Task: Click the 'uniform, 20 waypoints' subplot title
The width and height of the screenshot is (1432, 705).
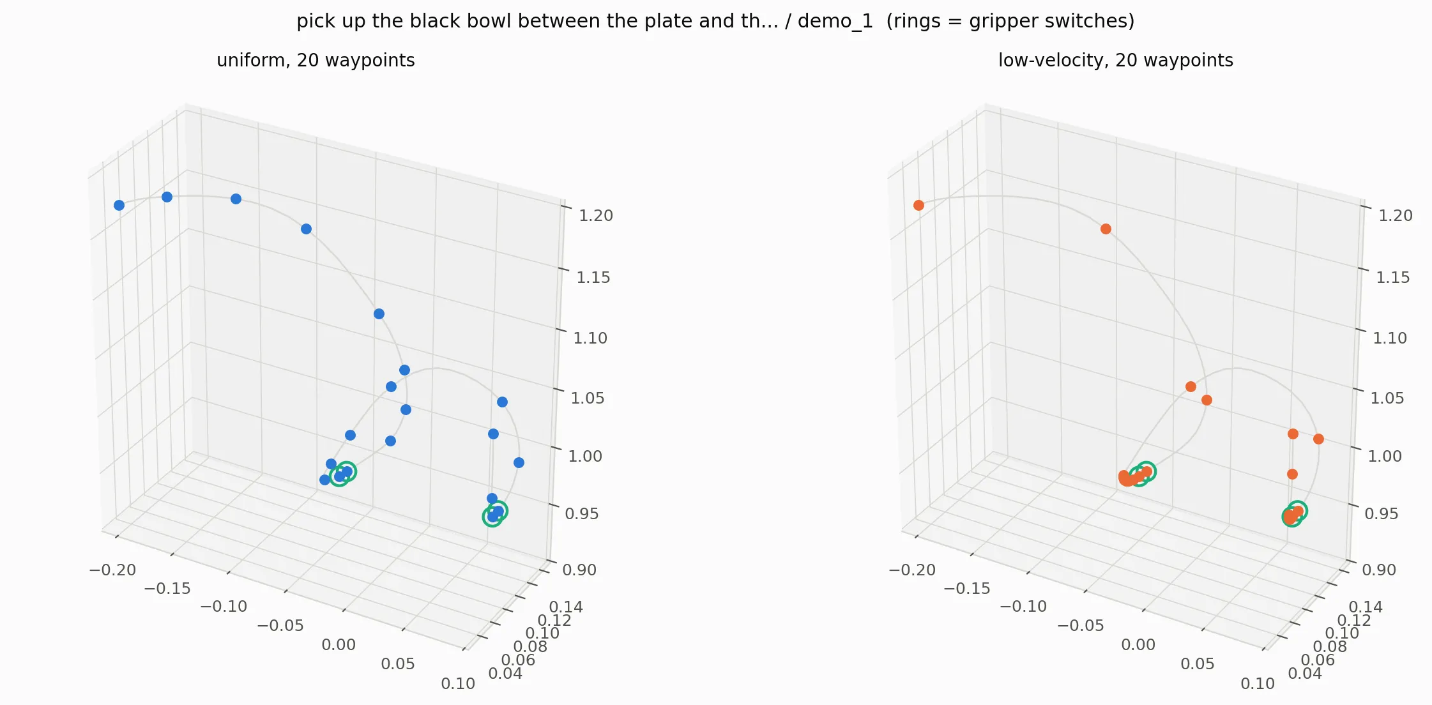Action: [x=316, y=61]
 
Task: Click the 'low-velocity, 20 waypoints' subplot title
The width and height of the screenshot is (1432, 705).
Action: [x=1115, y=61]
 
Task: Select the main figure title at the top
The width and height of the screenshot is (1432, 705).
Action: [x=715, y=21]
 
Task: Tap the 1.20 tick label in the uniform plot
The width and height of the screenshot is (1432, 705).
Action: [x=595, y=216]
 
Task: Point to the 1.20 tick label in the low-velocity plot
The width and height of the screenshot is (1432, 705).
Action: [x=1395, y=216]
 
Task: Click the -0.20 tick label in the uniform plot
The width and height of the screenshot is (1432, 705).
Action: [x=112, y=570]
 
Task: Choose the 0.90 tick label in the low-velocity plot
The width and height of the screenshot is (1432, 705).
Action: [x=1378, y=570]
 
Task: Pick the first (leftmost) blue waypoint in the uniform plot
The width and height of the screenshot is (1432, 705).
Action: [x=119, y=205]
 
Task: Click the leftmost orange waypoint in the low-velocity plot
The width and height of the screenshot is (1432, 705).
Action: [x=918, y=205]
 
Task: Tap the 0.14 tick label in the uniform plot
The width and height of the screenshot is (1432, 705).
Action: [x=566, y=607]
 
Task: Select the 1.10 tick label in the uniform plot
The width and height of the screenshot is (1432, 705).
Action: [x=590, y=338]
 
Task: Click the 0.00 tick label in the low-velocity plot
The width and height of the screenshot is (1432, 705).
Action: [x=1138, y=645]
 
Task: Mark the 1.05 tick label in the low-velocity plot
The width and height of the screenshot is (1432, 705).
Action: [x=1387, y=398]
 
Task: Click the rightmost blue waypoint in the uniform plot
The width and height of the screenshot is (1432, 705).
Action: [x=519, y=462]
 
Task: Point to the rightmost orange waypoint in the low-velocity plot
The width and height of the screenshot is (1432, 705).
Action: [x=1318, y=439]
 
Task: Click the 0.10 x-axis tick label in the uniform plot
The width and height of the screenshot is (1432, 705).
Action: [x=458, y=684]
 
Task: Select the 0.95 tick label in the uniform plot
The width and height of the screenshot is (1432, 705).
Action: [x=582, y=514]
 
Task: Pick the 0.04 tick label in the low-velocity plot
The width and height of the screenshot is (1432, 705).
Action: [x=1305, y=674]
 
